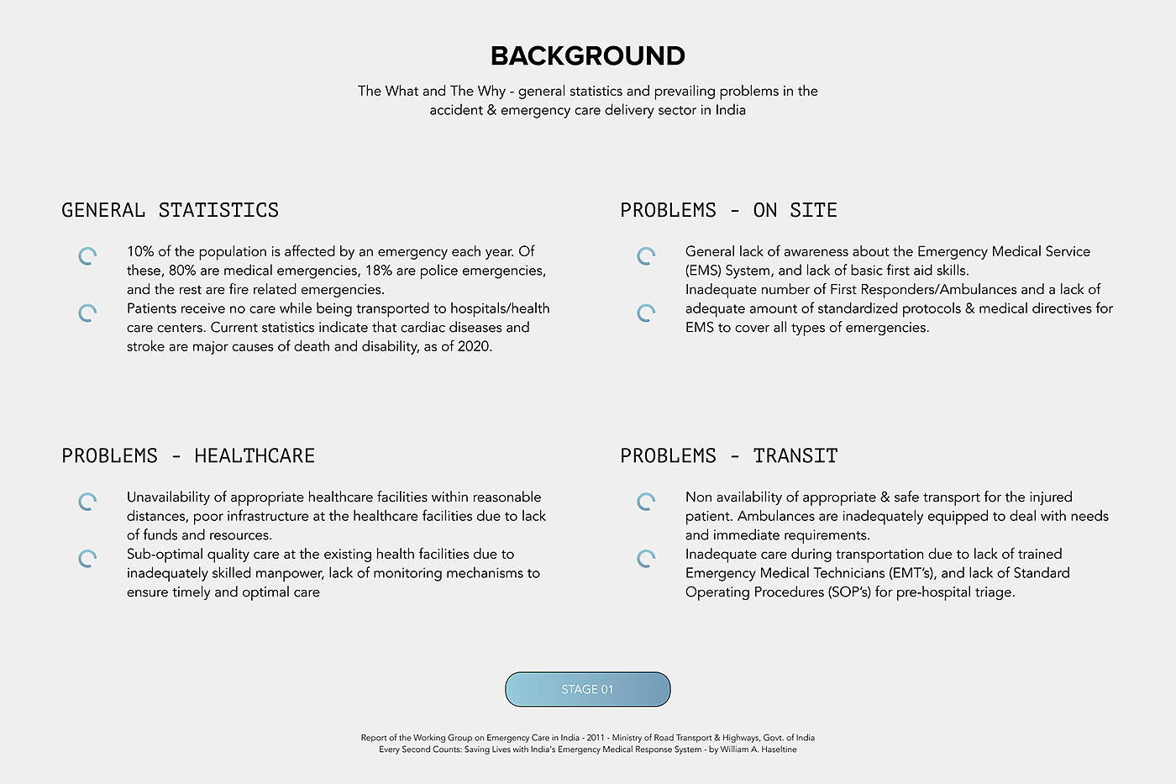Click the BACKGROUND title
click(588, 56)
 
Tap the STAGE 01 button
click(587, 689)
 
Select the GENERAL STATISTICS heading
click(170, 210)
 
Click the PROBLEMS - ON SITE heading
click(728, 210)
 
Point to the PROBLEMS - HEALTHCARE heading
click(188, 455)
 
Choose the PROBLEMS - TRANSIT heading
click(728, 455)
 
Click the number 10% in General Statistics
click(140, 251)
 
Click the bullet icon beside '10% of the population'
click(87, 256)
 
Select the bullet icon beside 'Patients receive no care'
click(87, 313)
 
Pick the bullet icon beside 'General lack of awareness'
click(646, 256)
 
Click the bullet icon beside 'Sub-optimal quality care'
click(87, 559)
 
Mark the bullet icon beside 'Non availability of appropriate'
click(646, 502)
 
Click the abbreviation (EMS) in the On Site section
click(702, 271)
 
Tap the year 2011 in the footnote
click(596, 738)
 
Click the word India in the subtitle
click(730, 110)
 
